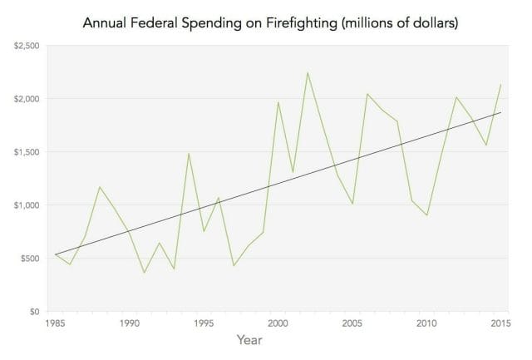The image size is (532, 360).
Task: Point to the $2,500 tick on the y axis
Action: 28,46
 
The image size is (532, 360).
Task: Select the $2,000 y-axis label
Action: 28,99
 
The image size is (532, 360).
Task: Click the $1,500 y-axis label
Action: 28,152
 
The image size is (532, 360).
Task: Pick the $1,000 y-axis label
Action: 28,205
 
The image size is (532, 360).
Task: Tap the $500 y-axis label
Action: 32,259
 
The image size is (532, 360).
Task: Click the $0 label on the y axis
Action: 35,312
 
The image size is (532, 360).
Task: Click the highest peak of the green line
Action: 308,72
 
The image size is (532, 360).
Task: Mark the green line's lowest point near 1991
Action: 145,273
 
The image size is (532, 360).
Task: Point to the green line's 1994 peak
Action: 189,153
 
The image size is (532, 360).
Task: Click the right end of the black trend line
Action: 500,112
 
